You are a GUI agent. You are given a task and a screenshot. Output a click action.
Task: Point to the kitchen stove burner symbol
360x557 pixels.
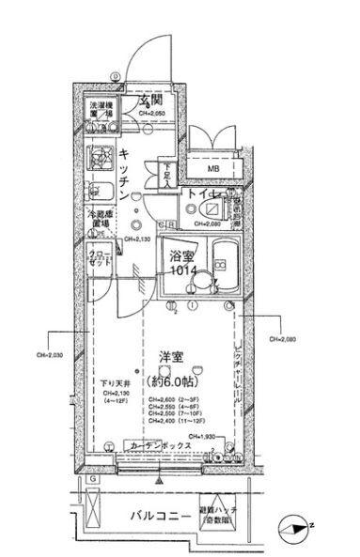tap(98, 156)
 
